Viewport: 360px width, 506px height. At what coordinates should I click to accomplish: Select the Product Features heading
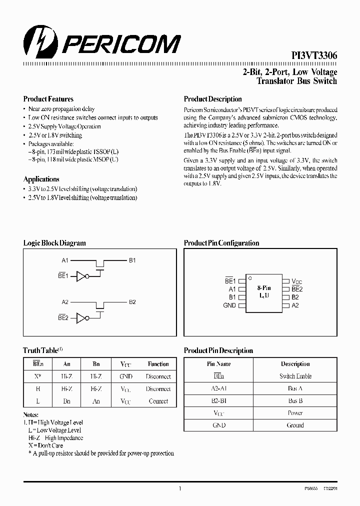pyautogui.click(x=48, y=99)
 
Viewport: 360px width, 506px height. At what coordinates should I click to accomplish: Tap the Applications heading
pyautogui.click(x=41, y=179)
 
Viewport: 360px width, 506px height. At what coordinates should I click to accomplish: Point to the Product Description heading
pyautogui.click(x=212, y=99)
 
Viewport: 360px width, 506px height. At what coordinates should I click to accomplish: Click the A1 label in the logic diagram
pyautogui.click(x=65, y=260)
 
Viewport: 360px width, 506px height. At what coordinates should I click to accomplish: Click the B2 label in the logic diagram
pyautogui.click(x=132, y=302)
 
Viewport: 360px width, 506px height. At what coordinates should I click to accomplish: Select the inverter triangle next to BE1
pyautogui.click(x=81, y=276)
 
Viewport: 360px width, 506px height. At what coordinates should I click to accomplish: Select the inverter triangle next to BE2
pyautogui.click(x=81, y=317)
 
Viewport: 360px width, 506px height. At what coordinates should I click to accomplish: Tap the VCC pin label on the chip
pyautogui.click(x=296, y=282)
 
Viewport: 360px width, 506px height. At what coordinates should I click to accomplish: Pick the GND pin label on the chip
pyautogui.click(x=229, y=305)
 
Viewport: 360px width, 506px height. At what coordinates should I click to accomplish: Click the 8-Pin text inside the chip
pyautogui.click(x=264, y=288)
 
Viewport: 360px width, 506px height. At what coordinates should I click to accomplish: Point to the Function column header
pyautogui.click(x=158, y=364)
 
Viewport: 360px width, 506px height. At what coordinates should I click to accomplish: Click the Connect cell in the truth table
pyautogui.click(x=158, y=401)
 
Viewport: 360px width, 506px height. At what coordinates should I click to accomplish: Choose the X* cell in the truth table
pyautogui.click(x=38, y=376)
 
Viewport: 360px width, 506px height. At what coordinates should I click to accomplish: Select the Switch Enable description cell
pyautogui.click(x=295, y=376)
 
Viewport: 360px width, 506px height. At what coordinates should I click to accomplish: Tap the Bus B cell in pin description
pyautogui.click(x=295, y=400)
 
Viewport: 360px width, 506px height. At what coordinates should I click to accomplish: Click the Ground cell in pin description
pyautogui.click(x=295, y=425)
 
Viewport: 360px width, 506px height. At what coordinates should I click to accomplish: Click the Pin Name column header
pyautogui.click(x=219, y=364)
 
